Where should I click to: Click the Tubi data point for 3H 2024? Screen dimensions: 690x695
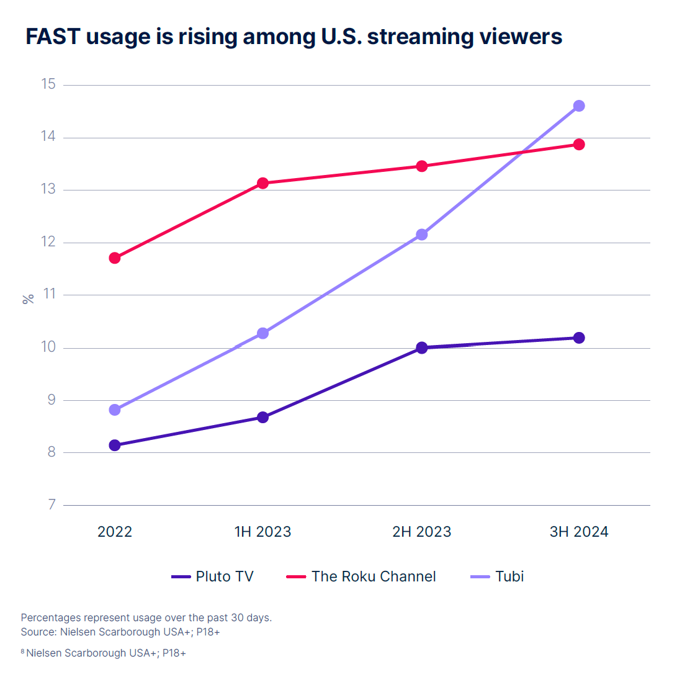(579, 106)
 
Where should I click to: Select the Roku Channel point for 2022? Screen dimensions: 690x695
(115, 258)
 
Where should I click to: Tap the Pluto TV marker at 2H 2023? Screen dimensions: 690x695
(422, 347)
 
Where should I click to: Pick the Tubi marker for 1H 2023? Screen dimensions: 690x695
(263, 333)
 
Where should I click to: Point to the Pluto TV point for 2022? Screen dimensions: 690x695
(115, 445)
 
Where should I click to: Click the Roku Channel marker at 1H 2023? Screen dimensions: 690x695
(263, 183)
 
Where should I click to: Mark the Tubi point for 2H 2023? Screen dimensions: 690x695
(422, 235)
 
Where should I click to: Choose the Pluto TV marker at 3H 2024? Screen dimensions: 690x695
(579, 338)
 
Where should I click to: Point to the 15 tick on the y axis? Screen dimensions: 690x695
(48, 84)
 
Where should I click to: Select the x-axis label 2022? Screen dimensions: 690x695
(115, 532)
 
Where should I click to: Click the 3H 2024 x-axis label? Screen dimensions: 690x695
(579, 532)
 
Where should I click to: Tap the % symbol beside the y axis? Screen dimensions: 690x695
(28, 299)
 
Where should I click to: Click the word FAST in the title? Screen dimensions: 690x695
(53, 37)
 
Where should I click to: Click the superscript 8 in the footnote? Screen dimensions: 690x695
(23, 651)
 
